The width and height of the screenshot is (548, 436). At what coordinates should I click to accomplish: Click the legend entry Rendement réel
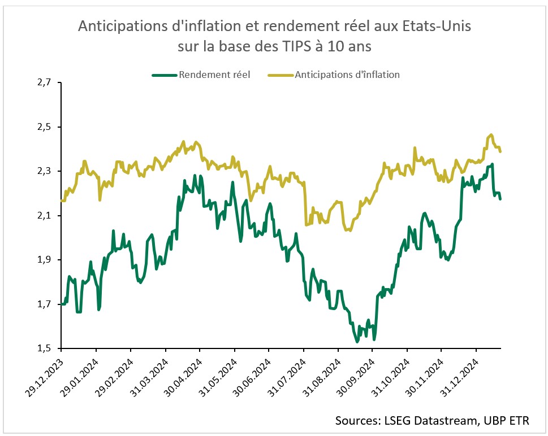click(x=214, y=74)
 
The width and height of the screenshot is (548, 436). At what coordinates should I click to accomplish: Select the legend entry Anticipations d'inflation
click(x=347, y=74)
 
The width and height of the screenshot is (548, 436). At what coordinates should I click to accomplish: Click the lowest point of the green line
click(x=357, y=342)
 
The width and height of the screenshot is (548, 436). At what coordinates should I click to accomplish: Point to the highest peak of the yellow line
click(x=491, y=134)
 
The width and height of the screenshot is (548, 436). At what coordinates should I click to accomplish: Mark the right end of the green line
click(x=500, y=198)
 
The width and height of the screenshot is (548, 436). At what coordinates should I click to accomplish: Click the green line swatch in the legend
click(x=164, y=74)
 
